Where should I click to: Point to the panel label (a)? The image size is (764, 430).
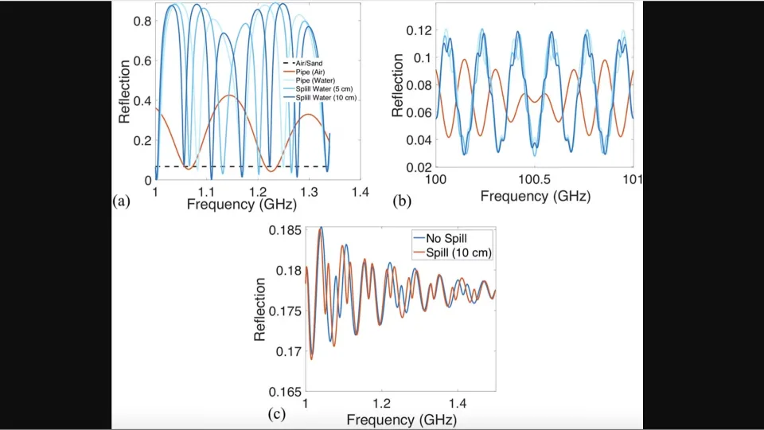121,201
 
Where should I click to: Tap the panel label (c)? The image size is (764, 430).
276,413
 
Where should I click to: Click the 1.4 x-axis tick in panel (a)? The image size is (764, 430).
360,193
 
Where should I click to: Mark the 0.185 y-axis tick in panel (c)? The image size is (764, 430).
286,230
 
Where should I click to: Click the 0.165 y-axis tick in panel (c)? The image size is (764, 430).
286,392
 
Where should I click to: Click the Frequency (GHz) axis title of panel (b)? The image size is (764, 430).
534,195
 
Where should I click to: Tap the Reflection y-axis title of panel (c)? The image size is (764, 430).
260,310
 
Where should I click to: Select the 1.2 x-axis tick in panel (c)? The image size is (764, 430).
384,405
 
